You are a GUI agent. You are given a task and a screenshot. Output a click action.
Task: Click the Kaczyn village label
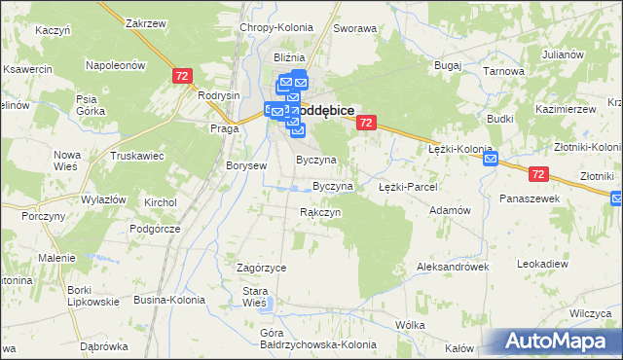click(x=53, y=30)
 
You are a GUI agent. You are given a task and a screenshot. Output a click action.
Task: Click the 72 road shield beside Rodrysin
click(x=182, y=76)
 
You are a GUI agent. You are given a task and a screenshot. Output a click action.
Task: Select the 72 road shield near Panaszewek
click(x=540, y=173)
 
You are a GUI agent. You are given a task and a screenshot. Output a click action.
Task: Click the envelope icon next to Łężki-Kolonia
click(x=490, y=159)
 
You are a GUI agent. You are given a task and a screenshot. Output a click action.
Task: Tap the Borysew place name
click(x=246, y=165)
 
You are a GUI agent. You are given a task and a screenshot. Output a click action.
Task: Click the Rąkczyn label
click(x=320, y=212)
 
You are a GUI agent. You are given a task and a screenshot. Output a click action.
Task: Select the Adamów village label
click(x=450, y=209)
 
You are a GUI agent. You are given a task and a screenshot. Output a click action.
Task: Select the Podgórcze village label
click(x=181, y=228)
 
